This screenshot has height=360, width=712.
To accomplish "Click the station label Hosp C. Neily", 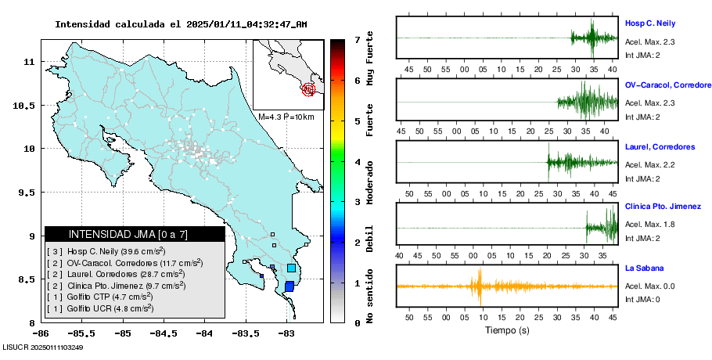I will coord(649,23).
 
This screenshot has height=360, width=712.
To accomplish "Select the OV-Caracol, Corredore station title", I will coord(668,85).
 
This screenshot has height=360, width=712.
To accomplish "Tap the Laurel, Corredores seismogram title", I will coord(660,147).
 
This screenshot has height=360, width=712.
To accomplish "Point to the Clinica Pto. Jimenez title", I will coord(663,207).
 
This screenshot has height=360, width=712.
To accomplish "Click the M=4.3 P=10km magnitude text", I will coord(286,117).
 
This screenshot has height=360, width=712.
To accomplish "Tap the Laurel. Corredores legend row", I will coord(117,274).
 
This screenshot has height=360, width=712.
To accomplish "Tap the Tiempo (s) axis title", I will coord(507,330).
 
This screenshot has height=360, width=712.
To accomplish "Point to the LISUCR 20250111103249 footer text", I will coord(43,346).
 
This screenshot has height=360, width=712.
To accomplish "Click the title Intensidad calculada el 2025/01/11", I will coord(180,24).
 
